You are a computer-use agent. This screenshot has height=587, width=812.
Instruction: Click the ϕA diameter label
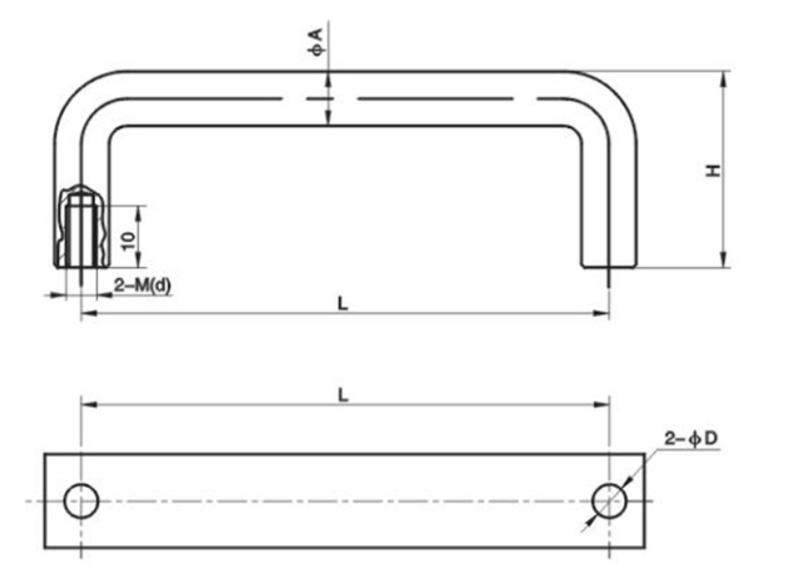click(x=317, y=41)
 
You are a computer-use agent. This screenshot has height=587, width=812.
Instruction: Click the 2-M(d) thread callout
click(x=143, y=284)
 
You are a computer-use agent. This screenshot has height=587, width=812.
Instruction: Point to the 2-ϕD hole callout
click(x=691, y=439)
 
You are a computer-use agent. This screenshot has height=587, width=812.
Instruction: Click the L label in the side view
click(x=343, y=303)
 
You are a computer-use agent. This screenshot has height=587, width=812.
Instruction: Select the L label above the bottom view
click(x=343, y=394)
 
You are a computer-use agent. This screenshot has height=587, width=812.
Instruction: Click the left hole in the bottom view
click(x=81, y=500)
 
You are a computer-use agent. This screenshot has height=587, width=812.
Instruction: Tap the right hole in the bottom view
click(x=608, y=500)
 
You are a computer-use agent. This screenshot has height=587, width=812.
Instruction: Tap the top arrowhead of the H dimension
click(x=725, y=77)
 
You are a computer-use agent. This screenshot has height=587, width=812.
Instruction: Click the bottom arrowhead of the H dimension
click(x=725, y=262)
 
